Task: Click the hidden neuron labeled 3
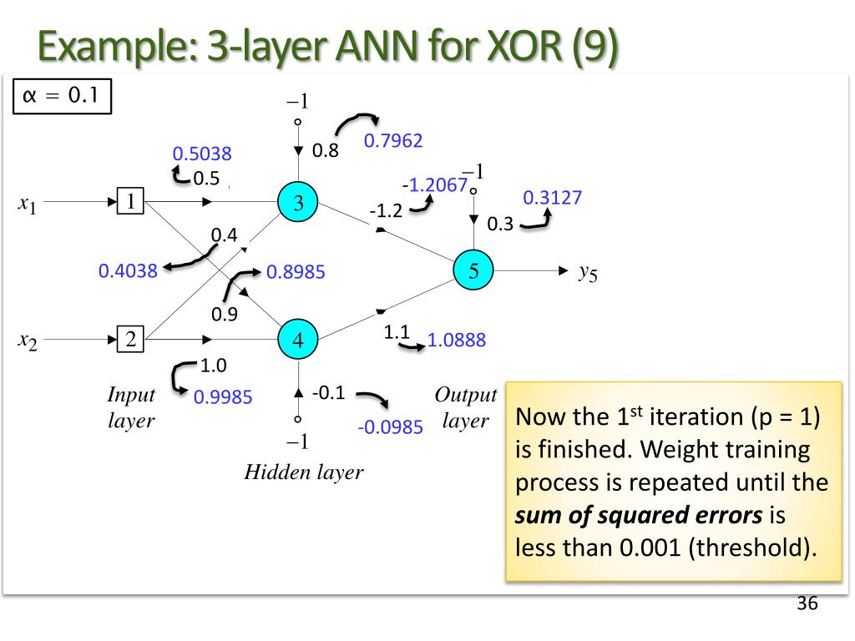tap(298, 202)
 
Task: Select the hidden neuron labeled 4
tap(298, 340)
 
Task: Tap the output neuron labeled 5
tap(473, 270)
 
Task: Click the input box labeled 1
tap(131, 201)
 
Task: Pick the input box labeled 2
tap(131, 340)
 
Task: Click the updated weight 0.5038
tap(202, 154)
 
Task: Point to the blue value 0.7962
tap(393, 141)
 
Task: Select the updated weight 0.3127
tap(552, 198)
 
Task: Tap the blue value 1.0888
tap(456, 340)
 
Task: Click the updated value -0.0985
tap(390, 427)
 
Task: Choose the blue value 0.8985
tap(296, 272)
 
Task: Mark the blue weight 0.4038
tap(128, 270)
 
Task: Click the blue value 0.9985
tap(223, 397)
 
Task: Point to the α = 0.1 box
tap(62, 96)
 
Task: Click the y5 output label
tap(588, 271)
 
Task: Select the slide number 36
tap(807, 603)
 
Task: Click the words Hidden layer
tap(304, 472)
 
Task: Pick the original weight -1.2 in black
tap(387, 211)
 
